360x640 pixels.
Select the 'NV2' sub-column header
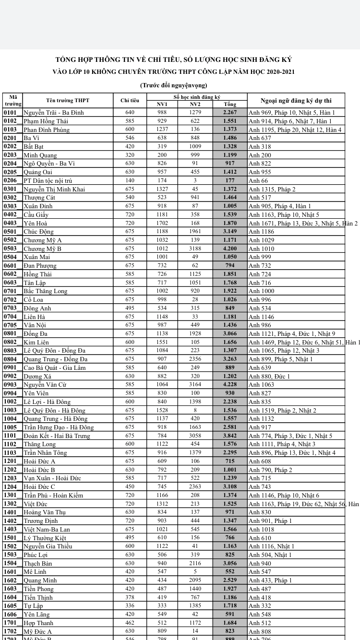tap(195, 104)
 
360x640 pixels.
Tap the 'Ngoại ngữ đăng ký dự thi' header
tap(302, 100)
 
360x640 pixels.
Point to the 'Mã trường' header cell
tap(12, 100)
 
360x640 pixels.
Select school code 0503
tap(11, 249)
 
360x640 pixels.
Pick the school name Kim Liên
tap(36, 342)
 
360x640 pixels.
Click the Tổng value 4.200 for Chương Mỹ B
tap(230, 249)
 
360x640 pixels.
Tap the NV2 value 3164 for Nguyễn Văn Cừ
tap(195, 385)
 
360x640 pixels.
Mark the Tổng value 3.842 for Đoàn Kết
tap(230, 436)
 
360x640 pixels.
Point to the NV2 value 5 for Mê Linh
tap(195, 572)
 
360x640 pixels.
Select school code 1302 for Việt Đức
tap(11, 504)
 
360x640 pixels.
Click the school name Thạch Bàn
tap(38, 563)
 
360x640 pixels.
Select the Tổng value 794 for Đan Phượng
tap(230, 265)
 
